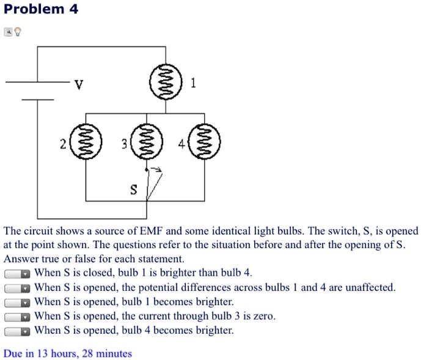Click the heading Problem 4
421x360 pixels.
click(x=40, y=10)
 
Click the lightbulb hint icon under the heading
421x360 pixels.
click(x=18, y=31)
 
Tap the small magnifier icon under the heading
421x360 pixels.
click(x=7, y=31)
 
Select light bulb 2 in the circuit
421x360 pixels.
click(x=85, y=144)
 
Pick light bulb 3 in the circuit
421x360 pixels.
click(x=145, y=144)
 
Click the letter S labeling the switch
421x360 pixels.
click(x=134, y=190)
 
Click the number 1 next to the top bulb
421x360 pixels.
click(x=193, y=84)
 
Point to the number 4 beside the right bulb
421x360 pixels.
click(x=181, y=145)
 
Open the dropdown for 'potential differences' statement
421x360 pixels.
click(x=17, y=288)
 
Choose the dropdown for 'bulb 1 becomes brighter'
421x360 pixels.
click(x=17, y=303)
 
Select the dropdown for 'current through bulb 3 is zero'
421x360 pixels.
click(x=17, y=317)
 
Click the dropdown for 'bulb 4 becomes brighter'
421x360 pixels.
click(x=17, y=331)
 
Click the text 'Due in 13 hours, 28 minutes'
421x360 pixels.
click(x=68, y=353)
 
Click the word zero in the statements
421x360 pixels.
click(x=264, y=316)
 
